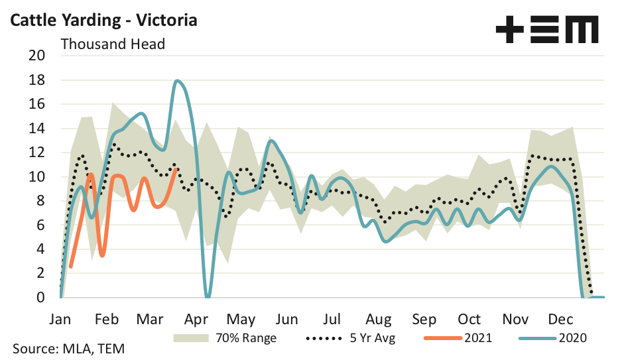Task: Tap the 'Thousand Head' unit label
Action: tap(113, 44)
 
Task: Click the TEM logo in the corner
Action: tap(546, 30)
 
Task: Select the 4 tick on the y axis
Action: tap(39, 249)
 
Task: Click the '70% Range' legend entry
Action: tap(225, 338)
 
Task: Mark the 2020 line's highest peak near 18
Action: tap(178, 81)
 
